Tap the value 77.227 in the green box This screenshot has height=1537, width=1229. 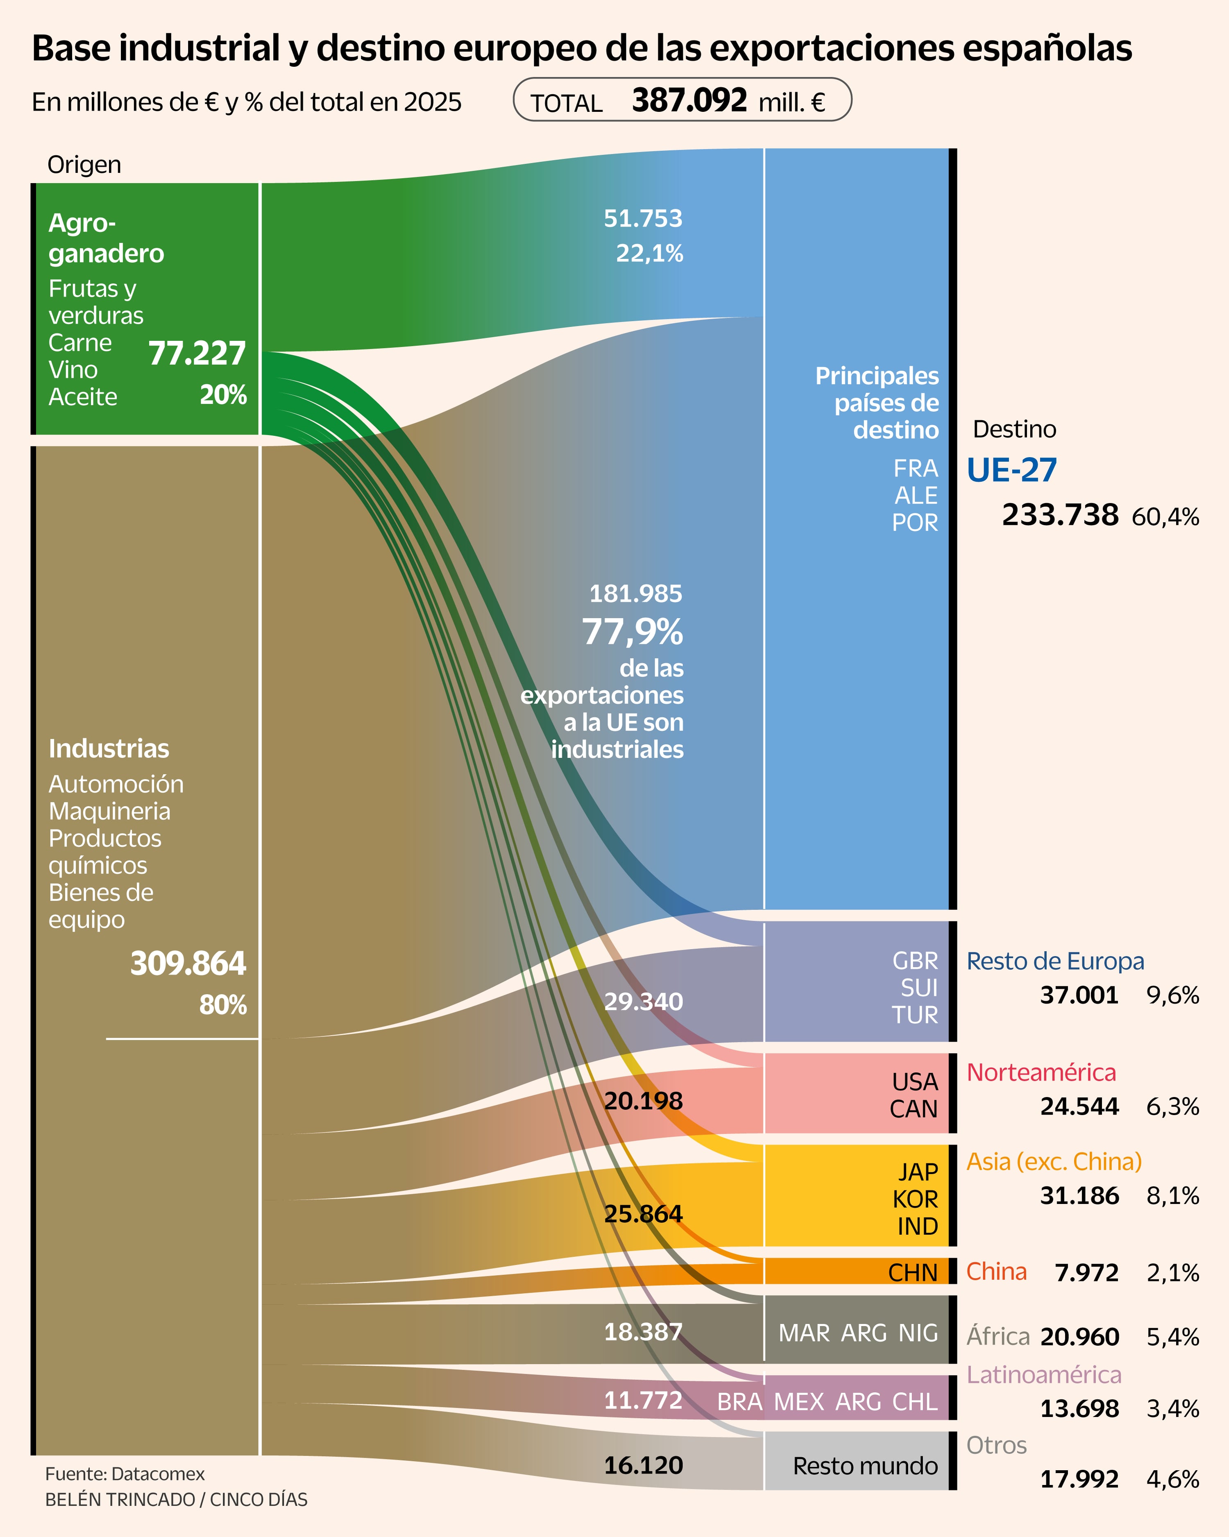(x=197, y=354)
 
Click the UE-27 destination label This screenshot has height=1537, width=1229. (x=1011, y=471)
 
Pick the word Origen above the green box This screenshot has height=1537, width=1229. (x=84, y=165)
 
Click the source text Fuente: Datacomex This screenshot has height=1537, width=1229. (x=125, y=1474)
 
